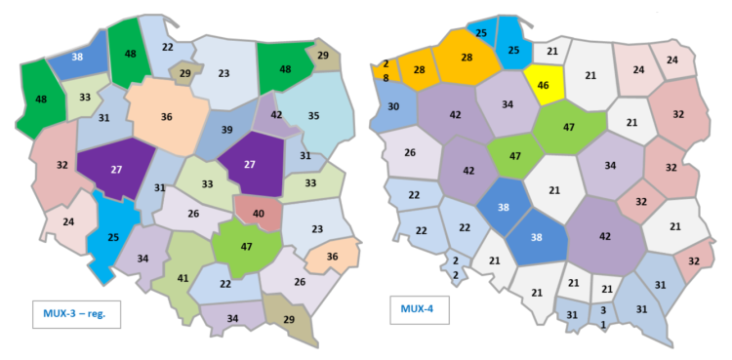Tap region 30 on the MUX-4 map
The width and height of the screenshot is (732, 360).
click(393, 105)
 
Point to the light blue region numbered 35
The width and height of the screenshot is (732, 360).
click(314, 115)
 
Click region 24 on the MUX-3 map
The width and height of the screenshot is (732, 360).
click(68, 221)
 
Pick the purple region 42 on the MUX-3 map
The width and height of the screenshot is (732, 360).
click(276, 115)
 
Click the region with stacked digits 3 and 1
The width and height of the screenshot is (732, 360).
click(604, 316)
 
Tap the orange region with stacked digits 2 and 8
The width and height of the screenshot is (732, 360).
click(386, 70)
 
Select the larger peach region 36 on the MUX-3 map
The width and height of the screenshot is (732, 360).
click(167, 117)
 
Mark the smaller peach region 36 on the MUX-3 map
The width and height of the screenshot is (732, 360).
click(327, 258)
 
